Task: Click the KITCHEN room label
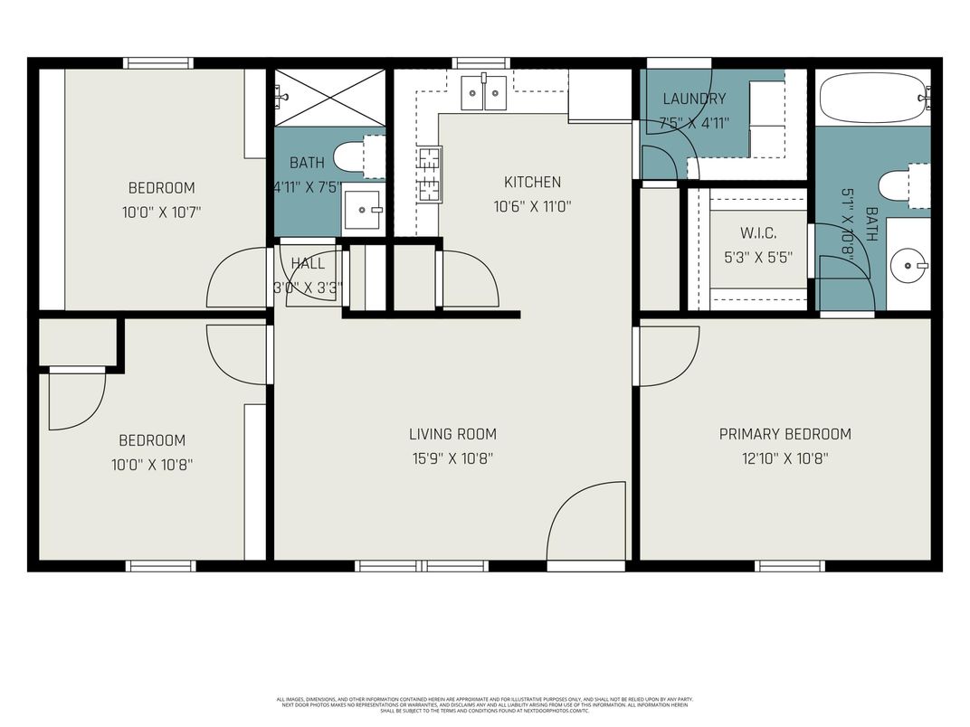pos(532,182)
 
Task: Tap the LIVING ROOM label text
pos(452,434)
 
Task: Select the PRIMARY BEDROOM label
pos(785,434)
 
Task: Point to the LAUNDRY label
pos(694,99)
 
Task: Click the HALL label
pos(308,264)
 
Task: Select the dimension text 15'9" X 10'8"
pos(452,458)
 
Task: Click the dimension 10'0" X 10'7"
pos(161,212)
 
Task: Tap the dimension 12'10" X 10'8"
pos(785,458)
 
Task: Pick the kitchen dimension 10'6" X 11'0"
pos(532,206)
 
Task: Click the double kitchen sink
pos(483,92)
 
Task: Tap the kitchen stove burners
pos(429,172)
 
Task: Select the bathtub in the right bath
pos(872,98)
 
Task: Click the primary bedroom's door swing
pos(668,355)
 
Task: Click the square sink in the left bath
pos(364,210)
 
